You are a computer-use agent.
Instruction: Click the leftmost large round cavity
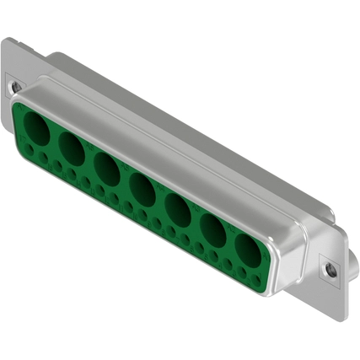pos(37,130)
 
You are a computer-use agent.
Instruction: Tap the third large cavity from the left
pos(106,168)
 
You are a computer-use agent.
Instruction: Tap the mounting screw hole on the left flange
pos(14,85)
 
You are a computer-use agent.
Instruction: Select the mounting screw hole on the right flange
pos(330,270)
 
